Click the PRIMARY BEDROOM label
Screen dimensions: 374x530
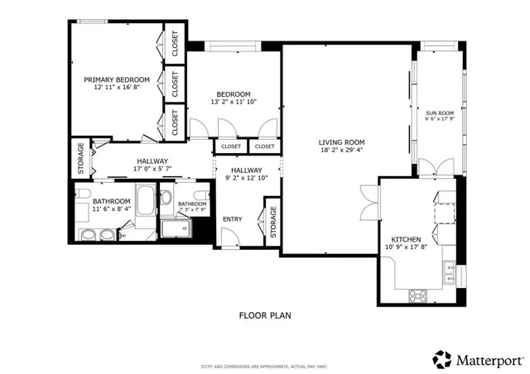click(117, 79)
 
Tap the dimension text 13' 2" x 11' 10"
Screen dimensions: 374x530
click(234, 103)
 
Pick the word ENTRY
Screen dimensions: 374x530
click(233, 218)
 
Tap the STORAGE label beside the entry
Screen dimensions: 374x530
click(272, 223)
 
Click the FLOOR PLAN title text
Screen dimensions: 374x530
click(265, 315)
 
